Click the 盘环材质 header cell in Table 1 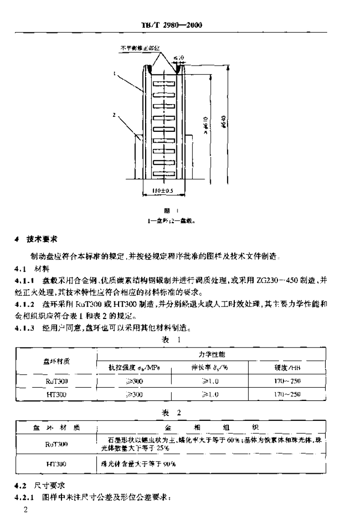[56, 360]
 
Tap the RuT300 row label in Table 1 [56, 382]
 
